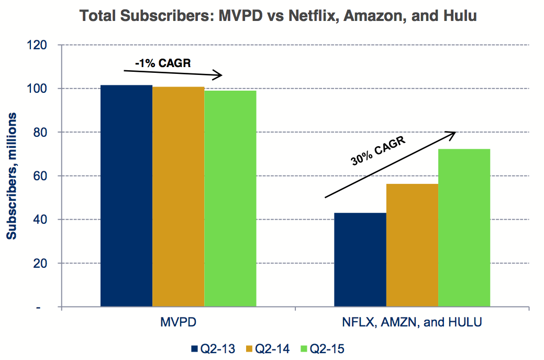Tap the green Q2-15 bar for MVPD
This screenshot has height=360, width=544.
point(230,199)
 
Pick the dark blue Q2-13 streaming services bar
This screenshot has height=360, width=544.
point(360,259)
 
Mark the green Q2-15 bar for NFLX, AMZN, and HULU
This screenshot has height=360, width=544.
point(464,227)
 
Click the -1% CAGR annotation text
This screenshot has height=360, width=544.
point(162,63)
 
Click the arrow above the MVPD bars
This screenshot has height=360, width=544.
point(173,73)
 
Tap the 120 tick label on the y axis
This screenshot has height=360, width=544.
point(40,45)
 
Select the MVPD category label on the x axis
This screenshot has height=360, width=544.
point(178,322)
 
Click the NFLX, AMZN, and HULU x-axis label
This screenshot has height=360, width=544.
point(412,322)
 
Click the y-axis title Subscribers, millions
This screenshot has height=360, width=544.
point(12,176)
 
